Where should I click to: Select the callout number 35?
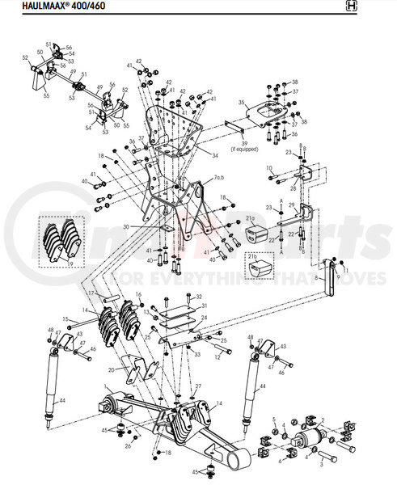click(x=241, y=103)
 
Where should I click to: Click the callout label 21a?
click(x=251, y=218)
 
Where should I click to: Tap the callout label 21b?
click(x=254, y=259)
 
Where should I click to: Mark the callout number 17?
click(x=91, y=293)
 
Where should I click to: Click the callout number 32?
click(x=198, y=297)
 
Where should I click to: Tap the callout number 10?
click(x=270, y=168)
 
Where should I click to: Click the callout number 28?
click(x=293, y=189)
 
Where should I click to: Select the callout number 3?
click(x=321, y=465)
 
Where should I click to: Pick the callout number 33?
click(x=196, y=354)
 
